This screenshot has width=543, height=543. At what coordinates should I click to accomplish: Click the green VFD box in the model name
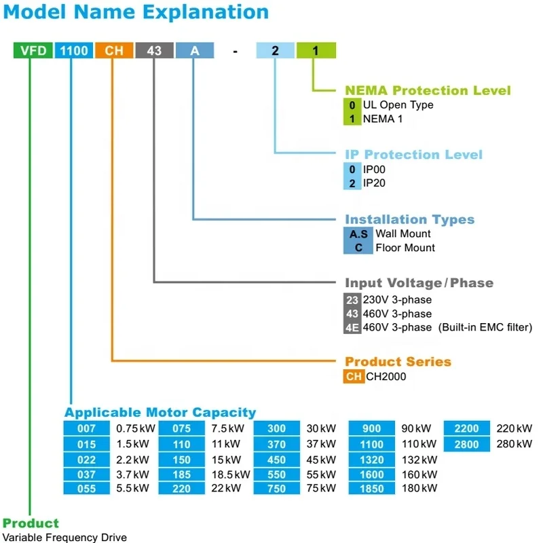coord(32,50)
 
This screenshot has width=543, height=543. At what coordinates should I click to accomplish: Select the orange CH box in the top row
coord(113,50)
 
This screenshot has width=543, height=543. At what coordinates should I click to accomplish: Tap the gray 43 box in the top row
coord(154,50)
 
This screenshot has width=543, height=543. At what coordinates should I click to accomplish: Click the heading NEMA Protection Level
coord(428,90)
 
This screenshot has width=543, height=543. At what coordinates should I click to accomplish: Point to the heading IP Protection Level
coord(413,155)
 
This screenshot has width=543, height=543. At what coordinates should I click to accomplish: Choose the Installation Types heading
coord(409,219)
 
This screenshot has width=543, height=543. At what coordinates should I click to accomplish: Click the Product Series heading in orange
coord(398,362)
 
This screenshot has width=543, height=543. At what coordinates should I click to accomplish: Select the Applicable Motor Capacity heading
coord(160,412)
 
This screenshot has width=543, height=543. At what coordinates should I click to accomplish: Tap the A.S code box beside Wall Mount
coord(358,233)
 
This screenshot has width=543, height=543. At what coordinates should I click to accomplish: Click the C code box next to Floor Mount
coord(358,248)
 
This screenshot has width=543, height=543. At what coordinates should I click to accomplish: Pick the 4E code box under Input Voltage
coord(352,327)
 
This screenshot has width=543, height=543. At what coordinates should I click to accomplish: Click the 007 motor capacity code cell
coord(86,429)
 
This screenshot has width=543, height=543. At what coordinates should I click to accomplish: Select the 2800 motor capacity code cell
coord(467,444)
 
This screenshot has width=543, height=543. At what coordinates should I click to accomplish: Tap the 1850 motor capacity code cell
coord(372,489)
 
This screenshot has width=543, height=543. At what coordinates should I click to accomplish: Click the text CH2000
coord(386,376)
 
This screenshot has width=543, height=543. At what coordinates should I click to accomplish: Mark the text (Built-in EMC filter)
coord(485,327)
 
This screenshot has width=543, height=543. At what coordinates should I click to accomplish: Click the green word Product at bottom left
coord(31,523)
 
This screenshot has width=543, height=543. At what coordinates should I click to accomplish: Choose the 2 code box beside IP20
coord(352,183)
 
